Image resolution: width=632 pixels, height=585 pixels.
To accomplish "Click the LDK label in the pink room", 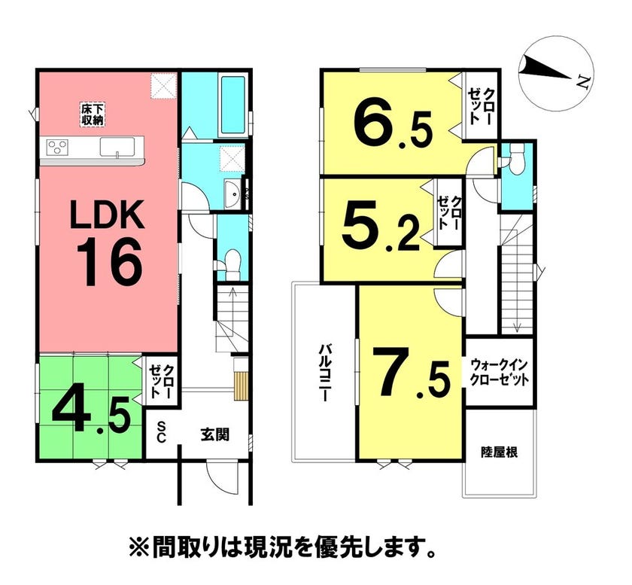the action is tap(107, 215).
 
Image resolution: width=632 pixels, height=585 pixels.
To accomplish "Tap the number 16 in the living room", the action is tap(109, 262).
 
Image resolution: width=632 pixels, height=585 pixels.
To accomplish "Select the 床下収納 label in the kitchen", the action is tap(93, 114).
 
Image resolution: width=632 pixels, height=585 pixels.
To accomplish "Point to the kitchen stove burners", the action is tap(57, 146).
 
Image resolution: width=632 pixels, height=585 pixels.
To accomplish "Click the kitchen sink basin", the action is tap(117, 147).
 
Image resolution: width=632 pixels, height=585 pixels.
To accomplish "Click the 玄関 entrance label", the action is tap(215, 434).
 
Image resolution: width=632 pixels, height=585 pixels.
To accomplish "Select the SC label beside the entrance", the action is tap(161, 431).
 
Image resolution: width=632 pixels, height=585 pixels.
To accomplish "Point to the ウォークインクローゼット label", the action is tap(500, 373).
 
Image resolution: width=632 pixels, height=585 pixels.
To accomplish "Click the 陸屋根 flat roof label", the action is tap(500, 452).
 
